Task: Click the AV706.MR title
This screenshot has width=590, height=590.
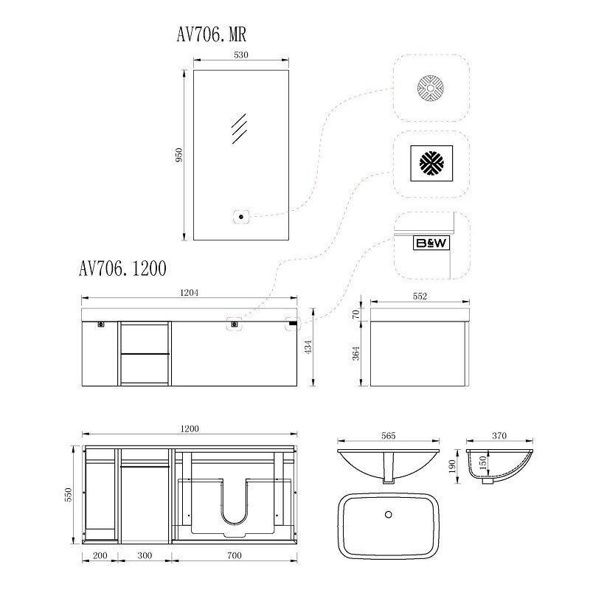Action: point(212,35)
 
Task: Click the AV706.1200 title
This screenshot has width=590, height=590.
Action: point(122,268)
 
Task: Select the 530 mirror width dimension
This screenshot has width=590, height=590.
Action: point(241,55)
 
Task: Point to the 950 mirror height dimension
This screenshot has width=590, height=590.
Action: point(179,155)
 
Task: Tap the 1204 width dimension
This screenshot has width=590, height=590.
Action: point(190,292)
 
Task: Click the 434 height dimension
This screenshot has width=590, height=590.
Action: point(308,347)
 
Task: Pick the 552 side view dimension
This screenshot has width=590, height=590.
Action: point(420,296)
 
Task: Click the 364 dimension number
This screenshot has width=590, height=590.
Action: point(356,353)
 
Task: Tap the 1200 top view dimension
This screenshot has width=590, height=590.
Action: point(190,428)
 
